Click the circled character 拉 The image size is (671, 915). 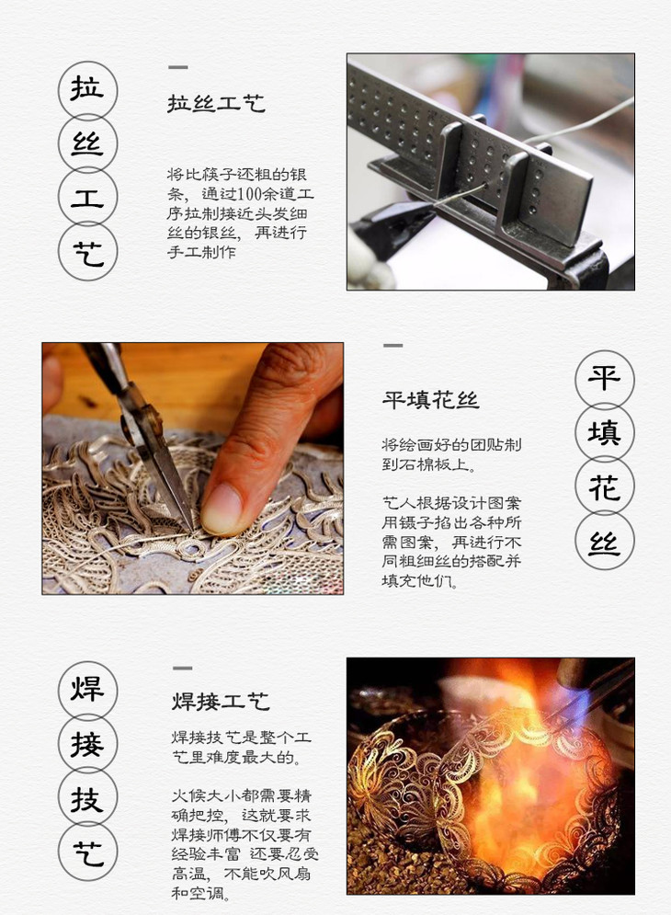pos(87,89)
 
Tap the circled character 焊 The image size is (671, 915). pos(87,689)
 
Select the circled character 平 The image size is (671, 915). pos(604,378)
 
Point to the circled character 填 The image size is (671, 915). pos(604,432)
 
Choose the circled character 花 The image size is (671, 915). pos(604,486)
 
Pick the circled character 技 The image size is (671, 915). pos(87,798)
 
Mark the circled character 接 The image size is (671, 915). pos(87,744)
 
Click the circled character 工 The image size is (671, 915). pos(87,198)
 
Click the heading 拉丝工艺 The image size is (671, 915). pos(216,103)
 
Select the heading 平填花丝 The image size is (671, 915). pos(430,400)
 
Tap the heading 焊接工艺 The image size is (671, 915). pos(221,701)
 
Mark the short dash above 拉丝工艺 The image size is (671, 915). pos(178,67)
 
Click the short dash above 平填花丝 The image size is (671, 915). pos(392,346)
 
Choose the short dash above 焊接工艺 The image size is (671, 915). pos(182,668)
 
